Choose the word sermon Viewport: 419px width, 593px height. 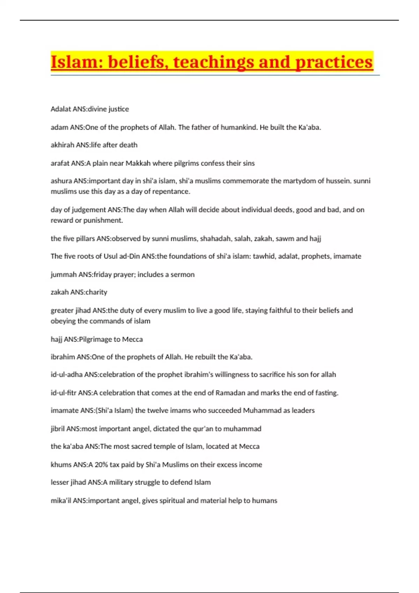[x=183, y=275]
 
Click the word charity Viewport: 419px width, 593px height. [x=96, y=292]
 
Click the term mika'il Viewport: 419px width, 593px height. [x=61, y=501]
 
